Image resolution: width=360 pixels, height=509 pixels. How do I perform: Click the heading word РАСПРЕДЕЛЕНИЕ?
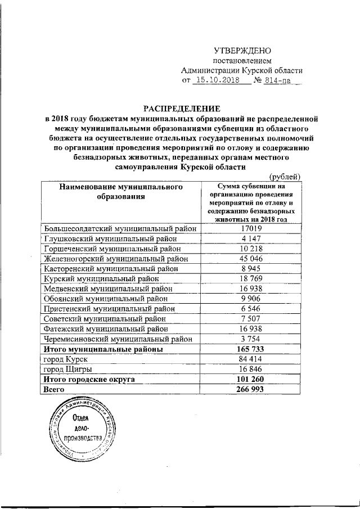coord(181,107)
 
